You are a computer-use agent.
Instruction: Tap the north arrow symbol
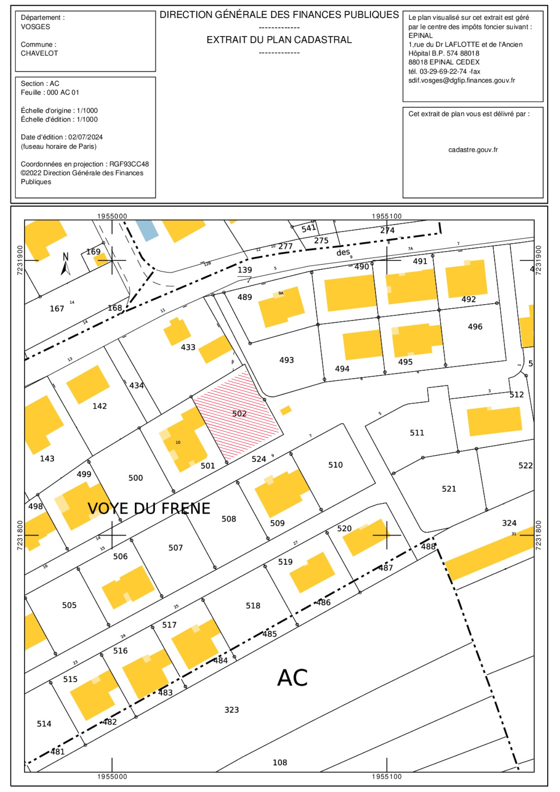[x=65, y=264]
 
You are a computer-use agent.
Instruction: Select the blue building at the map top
[x=147, y=230]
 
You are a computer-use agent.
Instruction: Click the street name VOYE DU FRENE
[x=149, y=508]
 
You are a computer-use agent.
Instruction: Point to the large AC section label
[x=292, y=678]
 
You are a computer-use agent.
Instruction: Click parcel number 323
[x=232, y=710]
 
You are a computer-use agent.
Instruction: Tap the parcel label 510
[x=335, y=465]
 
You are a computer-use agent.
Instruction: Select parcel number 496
[x=475, y=327]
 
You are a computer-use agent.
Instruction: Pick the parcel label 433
[x=188, y=347]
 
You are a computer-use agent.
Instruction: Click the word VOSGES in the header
[x=36, y=27]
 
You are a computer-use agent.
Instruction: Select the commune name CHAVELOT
[x=39, y=53]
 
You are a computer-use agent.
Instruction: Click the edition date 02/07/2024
[x=86, y=137]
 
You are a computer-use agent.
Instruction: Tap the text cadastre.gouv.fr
[x=473, y=150]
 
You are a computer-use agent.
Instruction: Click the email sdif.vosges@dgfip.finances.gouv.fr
[x=462, y=80]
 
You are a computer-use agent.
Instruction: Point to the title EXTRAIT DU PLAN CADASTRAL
[x=279, y=40]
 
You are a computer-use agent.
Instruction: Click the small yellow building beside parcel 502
[x=286, y=410]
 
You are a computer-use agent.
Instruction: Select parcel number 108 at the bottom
[x=280, y=762]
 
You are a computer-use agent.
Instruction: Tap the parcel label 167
[x=57, y=308]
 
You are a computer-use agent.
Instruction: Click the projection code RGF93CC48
[x=129, y=164]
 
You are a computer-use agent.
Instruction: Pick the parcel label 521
[x=449, y=489]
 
